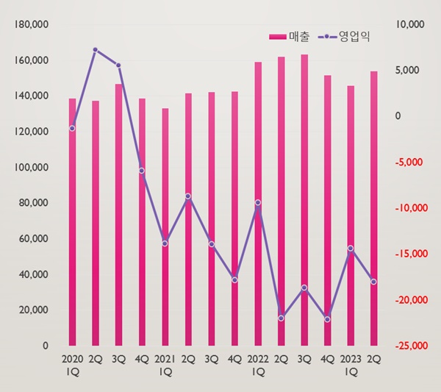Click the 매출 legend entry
click(289, 37)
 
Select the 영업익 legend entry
click(344, 37)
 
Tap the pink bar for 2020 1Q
click(72, 222)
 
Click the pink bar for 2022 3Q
click(304, 200)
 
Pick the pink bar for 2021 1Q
click(165, 227)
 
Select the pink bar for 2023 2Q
click(374, 209)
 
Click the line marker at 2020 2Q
click(96, 50)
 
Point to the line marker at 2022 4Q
click(327, 319)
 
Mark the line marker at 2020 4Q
click(142, 171)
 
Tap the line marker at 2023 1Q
click(351, 248)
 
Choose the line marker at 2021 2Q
click(188, 196)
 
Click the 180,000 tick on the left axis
click(32, 24)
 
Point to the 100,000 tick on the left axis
click(32, 167)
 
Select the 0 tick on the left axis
click(46, 346)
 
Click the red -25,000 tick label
click(411, 346)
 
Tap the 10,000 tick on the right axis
click(410, 24)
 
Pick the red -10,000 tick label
click(411, 208)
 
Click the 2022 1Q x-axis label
click(258, 366)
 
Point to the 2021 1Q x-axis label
click(165, 366)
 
